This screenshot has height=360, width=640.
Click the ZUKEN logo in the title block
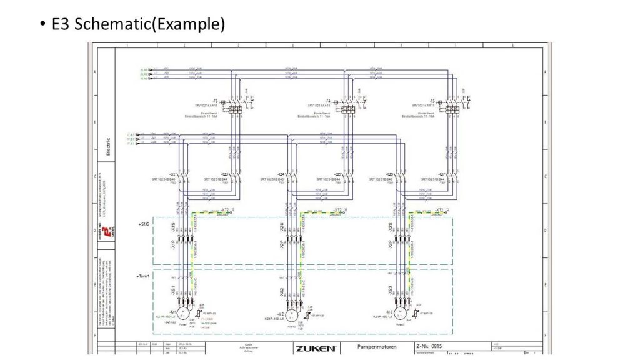pos(316,347)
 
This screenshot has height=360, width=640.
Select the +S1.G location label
pos(143,222)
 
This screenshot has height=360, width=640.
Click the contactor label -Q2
pos(172,174)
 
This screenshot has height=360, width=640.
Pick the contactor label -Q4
pos(281,174)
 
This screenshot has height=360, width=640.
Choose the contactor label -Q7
pos(441,174)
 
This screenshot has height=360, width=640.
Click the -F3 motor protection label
pos(215,101)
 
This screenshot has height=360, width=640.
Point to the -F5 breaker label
pos(431,101)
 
